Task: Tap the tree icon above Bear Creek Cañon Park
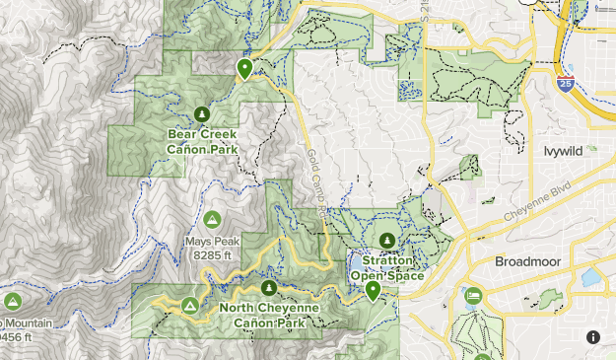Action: pos(202,113)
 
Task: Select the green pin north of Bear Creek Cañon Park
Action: pos(244,68)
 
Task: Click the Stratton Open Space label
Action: pos(387,268)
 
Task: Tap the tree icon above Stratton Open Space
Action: pos(386,241)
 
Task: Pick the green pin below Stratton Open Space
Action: pos(373,291)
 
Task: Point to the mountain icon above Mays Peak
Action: pos(212,218)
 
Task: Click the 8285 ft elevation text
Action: pos(212,254)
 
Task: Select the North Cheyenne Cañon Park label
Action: pos(269,315)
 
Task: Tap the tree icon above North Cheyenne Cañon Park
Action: pos(269,287)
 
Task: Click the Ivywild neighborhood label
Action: pos(565,151)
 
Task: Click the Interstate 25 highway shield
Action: pos(565,86)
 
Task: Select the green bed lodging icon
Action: pos(474,297)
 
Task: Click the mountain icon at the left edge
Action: pos(12,301)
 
